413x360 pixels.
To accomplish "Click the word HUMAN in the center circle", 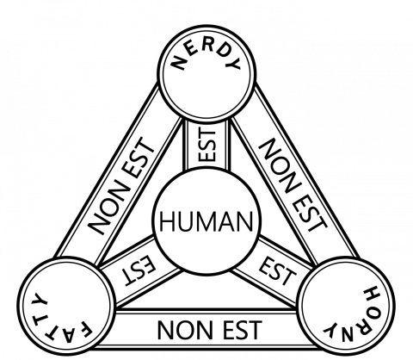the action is pyautogui.click(x=206, y=220).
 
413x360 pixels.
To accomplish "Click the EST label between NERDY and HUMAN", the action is pyautogui.click(x=207, y=145).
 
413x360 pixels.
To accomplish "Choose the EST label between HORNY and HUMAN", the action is pyautogui.click(x=277, y=271).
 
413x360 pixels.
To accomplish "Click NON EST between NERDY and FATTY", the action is pyautogui.click(x=120, y=186).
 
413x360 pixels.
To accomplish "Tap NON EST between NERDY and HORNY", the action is pyautogui.click(x=293, y=185).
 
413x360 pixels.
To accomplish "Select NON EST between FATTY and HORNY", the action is pyautogui.click(x=209, y=330).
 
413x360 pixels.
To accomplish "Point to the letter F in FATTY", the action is pyautogui.click(x=85, y=331).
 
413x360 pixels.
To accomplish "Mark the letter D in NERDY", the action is pyautogui.click(x=220, y=51).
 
